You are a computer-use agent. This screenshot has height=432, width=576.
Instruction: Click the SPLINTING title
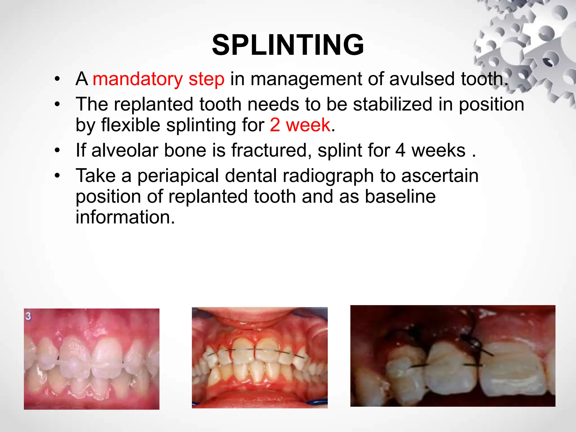click(288, 45)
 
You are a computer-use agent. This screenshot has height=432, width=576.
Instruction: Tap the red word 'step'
click(206, 80)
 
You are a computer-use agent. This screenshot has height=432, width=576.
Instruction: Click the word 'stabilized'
click(393, 104)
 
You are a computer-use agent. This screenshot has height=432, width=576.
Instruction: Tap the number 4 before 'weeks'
click(400, 150)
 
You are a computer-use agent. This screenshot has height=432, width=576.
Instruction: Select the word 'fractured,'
click(272, 150)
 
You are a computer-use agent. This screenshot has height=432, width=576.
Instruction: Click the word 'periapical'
click(178, 176)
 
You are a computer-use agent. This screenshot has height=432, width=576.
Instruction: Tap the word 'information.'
click(125, 217)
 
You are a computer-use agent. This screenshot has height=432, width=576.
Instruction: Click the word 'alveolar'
click(125, 150)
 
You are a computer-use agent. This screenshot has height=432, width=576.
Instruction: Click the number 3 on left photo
click(28, 316)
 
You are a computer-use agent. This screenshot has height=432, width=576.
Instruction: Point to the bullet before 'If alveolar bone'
click(57, 150)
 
